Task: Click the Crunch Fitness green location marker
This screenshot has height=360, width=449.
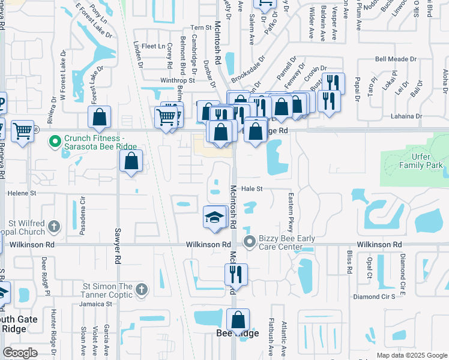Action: pos(55,142)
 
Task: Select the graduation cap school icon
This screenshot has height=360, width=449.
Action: pos(214,217)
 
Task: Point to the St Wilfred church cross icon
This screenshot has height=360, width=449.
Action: pos(54,226)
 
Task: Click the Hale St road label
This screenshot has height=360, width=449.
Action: pos(252,188)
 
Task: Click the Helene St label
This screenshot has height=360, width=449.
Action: pos(22,193)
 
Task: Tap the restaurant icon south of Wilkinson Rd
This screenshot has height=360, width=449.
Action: pos(236,274)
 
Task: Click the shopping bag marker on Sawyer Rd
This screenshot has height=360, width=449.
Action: pos(131,161)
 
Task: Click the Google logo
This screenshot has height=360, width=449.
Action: pos(20,353)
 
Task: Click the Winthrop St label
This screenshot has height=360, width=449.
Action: pos(178,80)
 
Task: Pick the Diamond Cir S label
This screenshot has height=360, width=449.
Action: pos(374,296)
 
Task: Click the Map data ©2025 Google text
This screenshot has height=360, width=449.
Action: pos(411,355)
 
